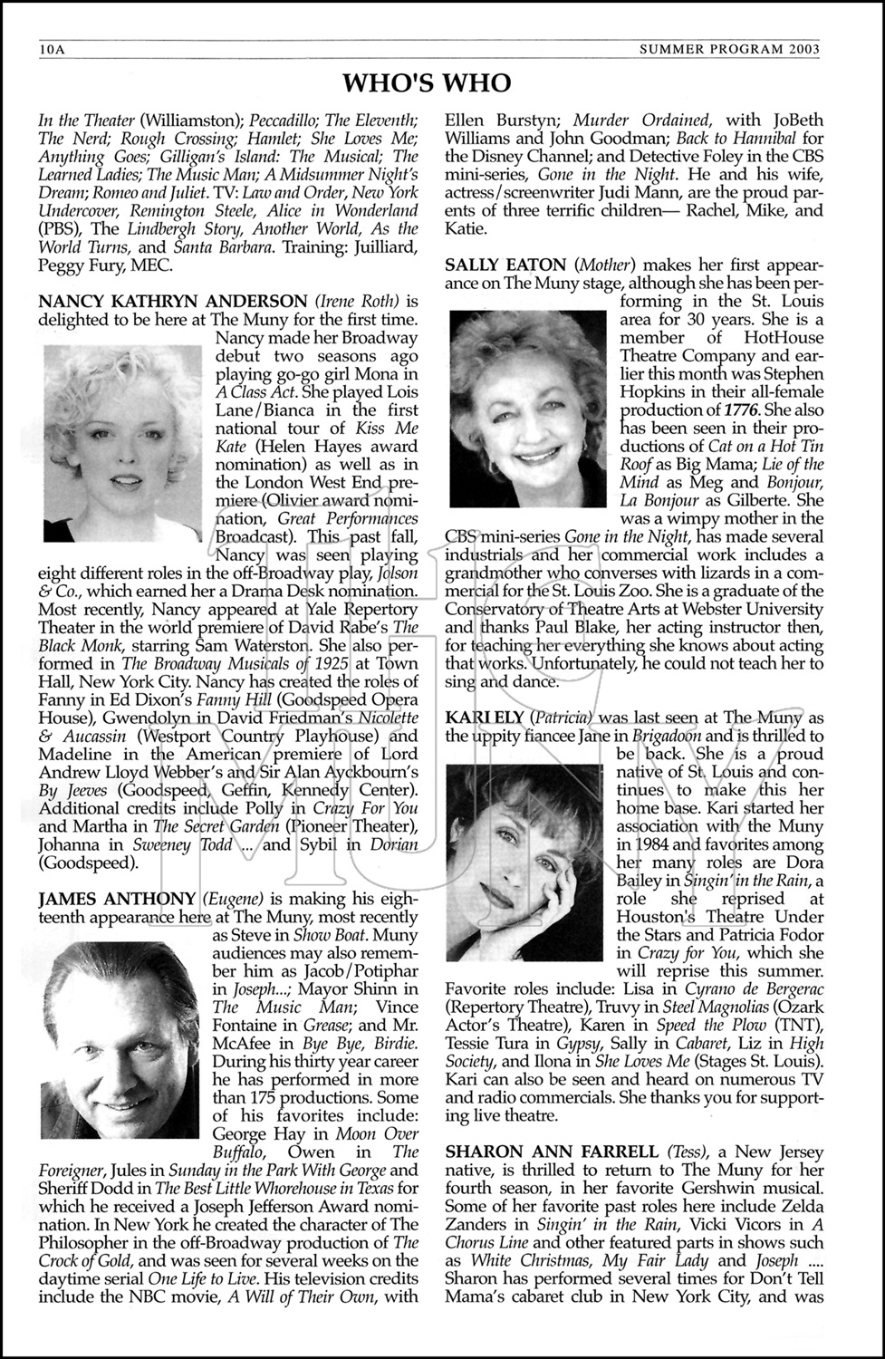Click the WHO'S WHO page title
(x=427, y=83)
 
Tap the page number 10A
(x=52, y=49)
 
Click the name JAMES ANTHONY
(x=117, y=899)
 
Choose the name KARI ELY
(x=480, y=718)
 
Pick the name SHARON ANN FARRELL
(x=552, y=1152)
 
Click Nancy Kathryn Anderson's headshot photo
(x=122, y=443)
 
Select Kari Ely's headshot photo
(x=524, y=862)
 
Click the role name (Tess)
(x=686, y=1152)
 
